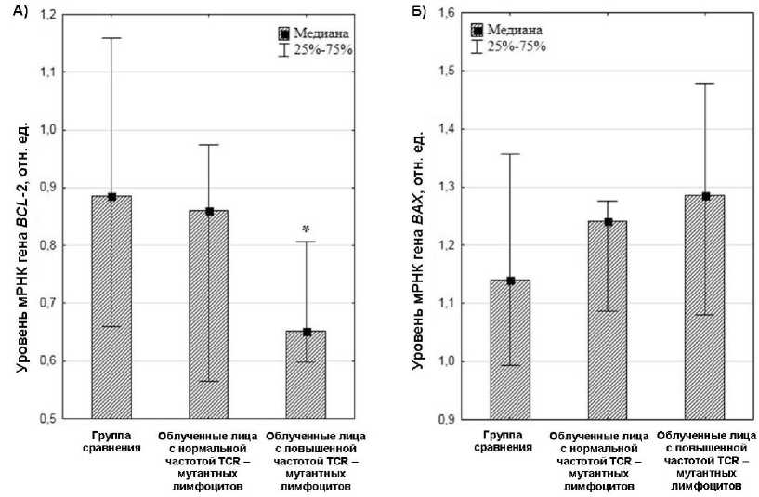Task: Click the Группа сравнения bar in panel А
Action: pos(111,307)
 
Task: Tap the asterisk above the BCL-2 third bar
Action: pos(306,228)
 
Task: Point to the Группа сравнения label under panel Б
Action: pos(507,440)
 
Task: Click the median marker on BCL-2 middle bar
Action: pos(209,211)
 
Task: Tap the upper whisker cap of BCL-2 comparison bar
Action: pos(111,38)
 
